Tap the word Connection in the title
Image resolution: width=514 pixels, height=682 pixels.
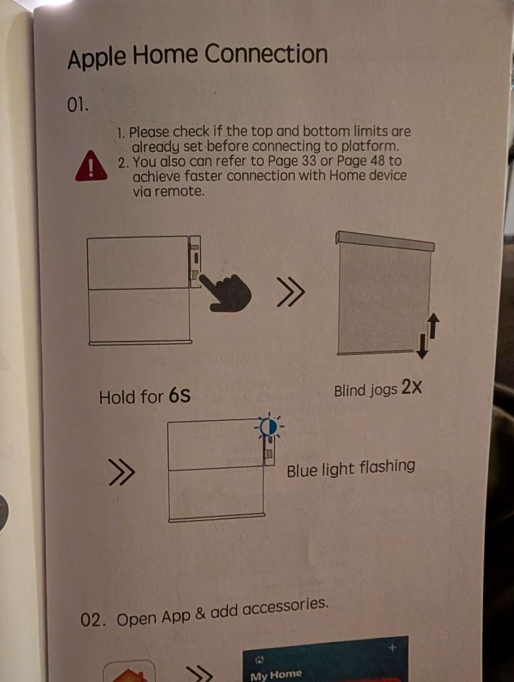[x=266, y=54]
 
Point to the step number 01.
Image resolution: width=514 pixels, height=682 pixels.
[x=78, y=106]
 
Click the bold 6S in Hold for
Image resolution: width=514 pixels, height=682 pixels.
[x=180, y=396]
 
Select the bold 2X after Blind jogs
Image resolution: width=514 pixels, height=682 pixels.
[x=412, y=387]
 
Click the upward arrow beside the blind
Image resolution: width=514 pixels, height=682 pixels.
[x=433, y=326]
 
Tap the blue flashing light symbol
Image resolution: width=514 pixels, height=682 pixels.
[x=269, y=428]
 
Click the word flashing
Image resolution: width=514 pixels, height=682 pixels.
[x=387, y=467]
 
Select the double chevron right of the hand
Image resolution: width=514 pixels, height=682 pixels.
[x=291, y=292]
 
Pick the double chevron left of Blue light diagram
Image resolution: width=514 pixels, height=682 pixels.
[x=122, y=472]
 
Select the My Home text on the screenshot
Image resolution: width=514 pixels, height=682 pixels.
[x=276, y=674]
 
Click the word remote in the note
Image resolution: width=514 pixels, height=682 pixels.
[x=180, y=191]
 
